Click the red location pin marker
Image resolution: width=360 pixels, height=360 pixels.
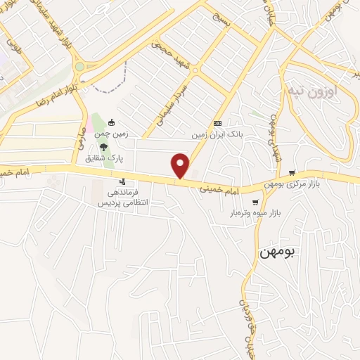tap(181, 165)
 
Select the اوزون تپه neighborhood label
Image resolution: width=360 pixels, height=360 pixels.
tap(313, 91)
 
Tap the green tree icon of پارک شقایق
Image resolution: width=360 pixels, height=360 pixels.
tap(103, 147)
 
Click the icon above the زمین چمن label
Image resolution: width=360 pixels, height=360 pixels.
tap(111, 122)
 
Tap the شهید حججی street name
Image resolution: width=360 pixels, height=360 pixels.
tap(172, 56)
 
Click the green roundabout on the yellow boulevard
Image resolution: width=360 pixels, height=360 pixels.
tap(79, 67)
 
